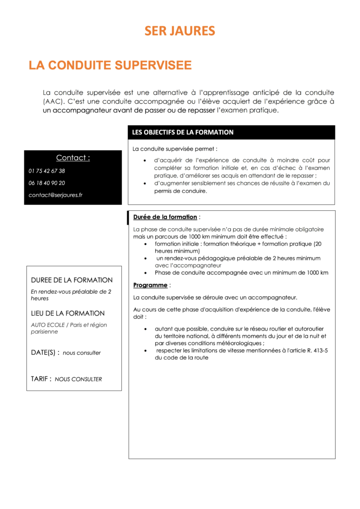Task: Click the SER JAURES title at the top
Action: pos(180,31)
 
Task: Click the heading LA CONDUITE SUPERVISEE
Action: pos(110,65)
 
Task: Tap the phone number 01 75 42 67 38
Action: pos(47,171)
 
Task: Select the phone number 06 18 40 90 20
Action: pos(47,183)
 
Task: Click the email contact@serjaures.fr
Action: pos(56,195)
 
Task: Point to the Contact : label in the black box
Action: pos(73,158)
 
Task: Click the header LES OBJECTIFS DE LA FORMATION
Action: pos(182,132)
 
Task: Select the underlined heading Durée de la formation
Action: pos(165,217)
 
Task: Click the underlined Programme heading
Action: pos(150,285)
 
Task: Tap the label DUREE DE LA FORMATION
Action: pos(72,280)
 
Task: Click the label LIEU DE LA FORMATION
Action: pos(68,313)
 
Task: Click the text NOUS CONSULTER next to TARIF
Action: pos(79,379)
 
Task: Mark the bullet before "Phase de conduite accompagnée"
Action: pos(145,273)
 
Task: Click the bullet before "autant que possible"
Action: pos(145,329)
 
